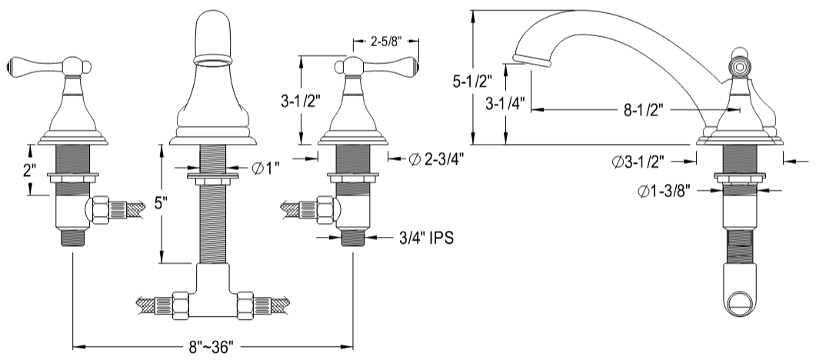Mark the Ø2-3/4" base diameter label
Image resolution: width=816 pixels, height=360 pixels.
(x=436, y=158)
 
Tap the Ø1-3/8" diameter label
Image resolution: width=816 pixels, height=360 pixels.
(x=667, y=192)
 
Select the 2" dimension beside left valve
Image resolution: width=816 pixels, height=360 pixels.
(x=28, y=169)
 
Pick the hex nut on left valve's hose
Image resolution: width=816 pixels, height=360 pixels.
(x=98, y=210)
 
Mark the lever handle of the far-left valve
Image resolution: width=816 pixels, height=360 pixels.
(x=31, y=66)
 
